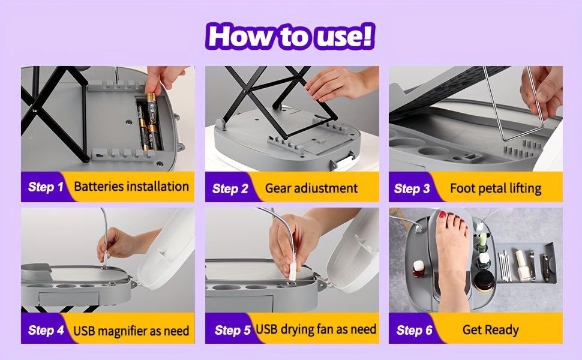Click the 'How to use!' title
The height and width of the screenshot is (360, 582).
click(290, 36)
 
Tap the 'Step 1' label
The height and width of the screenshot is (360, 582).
click(46, 187)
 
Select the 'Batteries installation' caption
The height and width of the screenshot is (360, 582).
click(131, 187)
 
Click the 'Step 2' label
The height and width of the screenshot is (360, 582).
click(230, 188)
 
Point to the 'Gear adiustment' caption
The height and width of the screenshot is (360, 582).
click(311, 188)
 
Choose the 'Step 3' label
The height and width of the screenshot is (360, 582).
click(412, 188)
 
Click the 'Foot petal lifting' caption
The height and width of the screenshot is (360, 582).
click(496, 188)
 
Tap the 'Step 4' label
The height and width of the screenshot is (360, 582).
click(46, 330)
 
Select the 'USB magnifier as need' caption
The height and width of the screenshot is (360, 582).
click(131, 331)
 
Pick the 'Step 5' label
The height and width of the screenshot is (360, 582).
click(232, 330)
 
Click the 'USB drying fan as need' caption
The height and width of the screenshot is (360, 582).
click(316, 329)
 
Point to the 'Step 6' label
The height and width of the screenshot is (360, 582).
click(414, 330)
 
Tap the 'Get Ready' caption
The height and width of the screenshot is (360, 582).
click(491, 330)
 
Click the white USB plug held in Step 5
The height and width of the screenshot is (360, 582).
click(292, 272)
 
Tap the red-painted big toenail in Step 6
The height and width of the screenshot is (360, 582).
click(442, 215)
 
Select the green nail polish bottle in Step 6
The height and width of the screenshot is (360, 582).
click(482, 242)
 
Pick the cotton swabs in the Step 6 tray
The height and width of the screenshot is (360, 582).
click(505, 266)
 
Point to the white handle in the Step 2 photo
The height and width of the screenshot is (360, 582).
click(344, 161)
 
